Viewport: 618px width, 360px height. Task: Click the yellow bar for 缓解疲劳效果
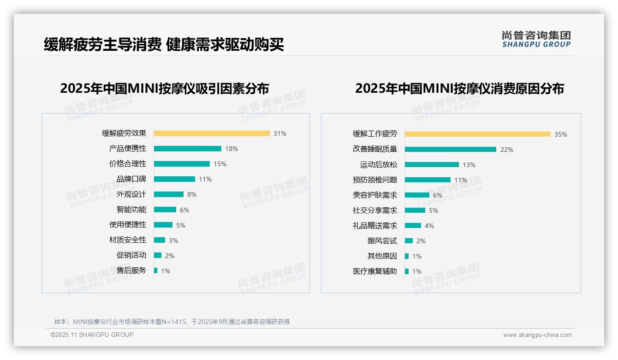click(212, 133)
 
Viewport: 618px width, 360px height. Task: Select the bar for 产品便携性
click(188, 149)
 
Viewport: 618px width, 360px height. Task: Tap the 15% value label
click(220, 164)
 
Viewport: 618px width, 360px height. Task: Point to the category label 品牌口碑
click(131, 179)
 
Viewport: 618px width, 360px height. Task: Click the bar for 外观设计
click(169, 194)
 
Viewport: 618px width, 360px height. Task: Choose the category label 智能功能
click(131, 210)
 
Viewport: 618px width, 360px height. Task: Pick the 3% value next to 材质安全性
click(173, 240)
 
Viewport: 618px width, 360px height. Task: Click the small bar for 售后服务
click(156, 270)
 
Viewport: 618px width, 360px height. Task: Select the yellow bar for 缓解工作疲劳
click(477, 134)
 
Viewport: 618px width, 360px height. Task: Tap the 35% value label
click(560, 134)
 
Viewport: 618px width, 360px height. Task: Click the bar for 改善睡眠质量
click(451, 150)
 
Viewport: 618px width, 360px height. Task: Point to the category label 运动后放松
click(378, 165)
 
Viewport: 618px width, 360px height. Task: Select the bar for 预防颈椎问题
click(428, 180)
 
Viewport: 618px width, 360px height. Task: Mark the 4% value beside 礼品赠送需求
click(429, 226)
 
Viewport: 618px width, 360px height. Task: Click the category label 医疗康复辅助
click(374, 271)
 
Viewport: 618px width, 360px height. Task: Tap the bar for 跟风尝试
click(409, 241)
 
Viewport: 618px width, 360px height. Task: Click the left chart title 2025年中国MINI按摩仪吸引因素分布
click(164, 88)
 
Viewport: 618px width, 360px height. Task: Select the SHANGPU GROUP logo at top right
click(536, 39)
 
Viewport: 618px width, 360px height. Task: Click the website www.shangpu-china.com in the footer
click(537, 335)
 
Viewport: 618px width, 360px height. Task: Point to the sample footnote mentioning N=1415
click(172, 322)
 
